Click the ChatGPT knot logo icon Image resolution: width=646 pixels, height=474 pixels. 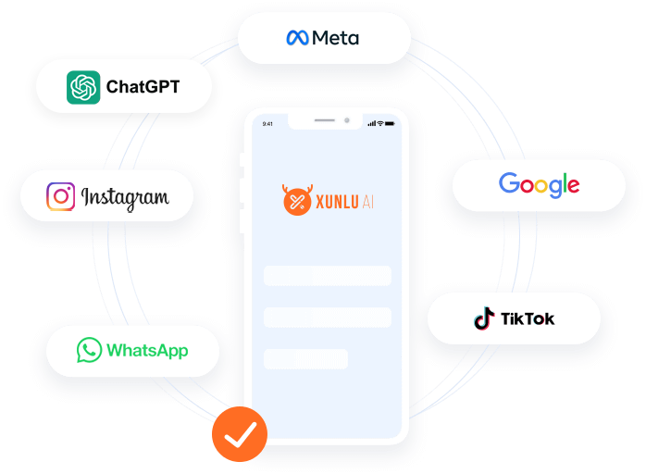click(x=83, y=88)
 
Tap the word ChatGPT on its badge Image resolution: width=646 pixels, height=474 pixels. click(x=143, y=88)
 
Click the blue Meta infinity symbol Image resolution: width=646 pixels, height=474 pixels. click(x=297, y=38)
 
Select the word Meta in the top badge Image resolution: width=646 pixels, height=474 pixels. click(x=335, y=38)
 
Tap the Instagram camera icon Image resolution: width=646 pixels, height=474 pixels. click(x=61, y=196)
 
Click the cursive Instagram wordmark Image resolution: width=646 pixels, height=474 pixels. click(x=125, y=196)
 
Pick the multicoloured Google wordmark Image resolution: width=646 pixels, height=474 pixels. click(x=539, y=184)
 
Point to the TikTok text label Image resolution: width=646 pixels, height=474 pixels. click(x=528, y=319)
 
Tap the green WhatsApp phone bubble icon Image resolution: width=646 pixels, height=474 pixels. click(x=89, y=350)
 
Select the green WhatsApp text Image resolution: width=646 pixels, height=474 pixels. click(x=147, y=350)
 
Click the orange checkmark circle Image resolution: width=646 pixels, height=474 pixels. click(x=240, y=434)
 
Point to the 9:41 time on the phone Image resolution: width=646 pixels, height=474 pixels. click(x=268, y=123)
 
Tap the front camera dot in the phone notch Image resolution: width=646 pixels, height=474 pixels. click(x=346, y=120)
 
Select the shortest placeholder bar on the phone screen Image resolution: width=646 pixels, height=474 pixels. click(x=305, y=358)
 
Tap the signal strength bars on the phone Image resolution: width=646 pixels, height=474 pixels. click(x=371, y=123)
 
